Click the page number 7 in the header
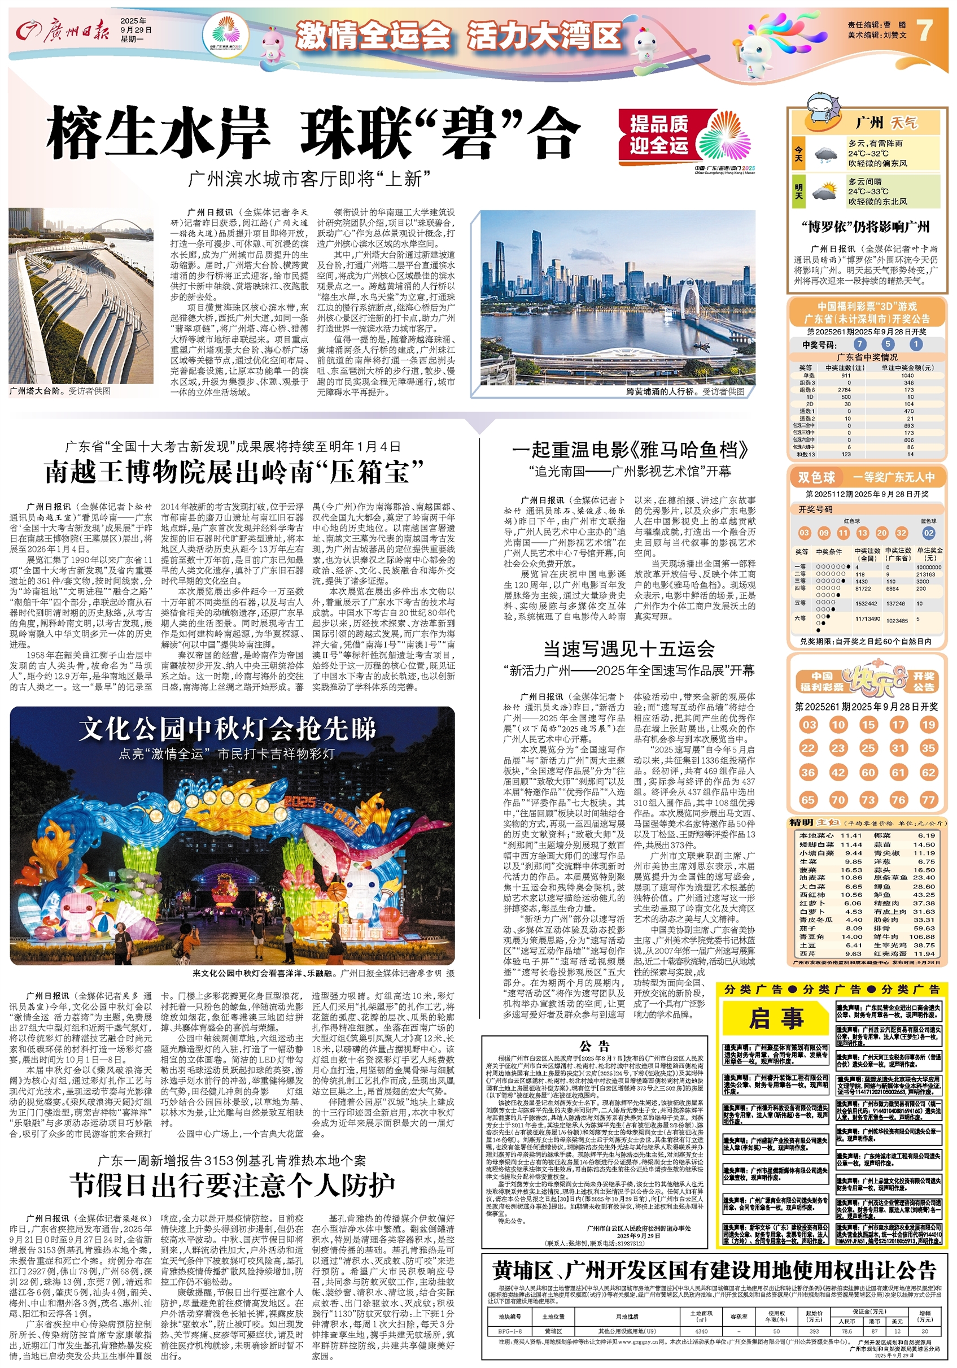point(925,30)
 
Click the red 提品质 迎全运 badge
point(659,135)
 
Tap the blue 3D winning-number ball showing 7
point(859,344)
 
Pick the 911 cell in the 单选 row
point(846,376)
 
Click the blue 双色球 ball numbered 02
point(928,533)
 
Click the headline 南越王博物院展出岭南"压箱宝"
point(233,473)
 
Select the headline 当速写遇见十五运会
point(628,648)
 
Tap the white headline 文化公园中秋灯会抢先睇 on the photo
point(228,729)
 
